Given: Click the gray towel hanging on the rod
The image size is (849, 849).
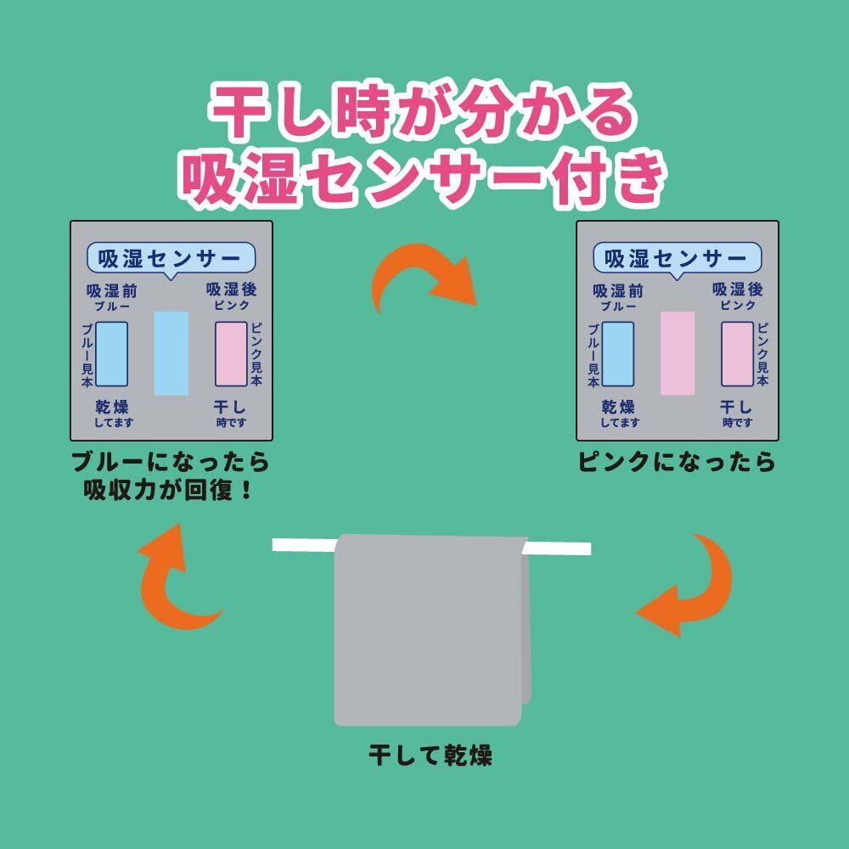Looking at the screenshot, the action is [x=431, y=630].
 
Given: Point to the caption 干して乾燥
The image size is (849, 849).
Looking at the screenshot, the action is [x=430, y=755].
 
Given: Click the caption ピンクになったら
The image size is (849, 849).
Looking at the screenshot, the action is [x=677, y=462].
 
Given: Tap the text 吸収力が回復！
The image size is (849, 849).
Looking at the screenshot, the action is [x=168, y=491].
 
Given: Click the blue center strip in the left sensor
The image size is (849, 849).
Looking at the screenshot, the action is [x=171, y=353].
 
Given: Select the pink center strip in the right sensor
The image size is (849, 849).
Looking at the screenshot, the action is [x=678, y=353].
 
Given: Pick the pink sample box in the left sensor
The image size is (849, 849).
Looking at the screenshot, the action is [x=231, y=354].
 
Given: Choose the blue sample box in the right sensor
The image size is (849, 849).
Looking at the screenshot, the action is [x=618, y=354].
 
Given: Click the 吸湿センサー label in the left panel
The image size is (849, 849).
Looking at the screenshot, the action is [x=171, y=259].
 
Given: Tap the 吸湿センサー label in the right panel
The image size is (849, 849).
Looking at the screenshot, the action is [x=677, y=259].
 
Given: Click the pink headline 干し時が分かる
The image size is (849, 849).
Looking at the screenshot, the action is [x=422, y=111].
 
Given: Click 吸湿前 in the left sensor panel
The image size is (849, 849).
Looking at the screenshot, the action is [x=112, y=291].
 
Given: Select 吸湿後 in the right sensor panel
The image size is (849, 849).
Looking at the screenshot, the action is [x=738, y=290].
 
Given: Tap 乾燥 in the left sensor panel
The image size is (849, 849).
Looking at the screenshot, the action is [x=112, y=408].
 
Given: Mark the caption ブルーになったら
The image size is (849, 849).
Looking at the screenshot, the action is [x=171, y=462].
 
